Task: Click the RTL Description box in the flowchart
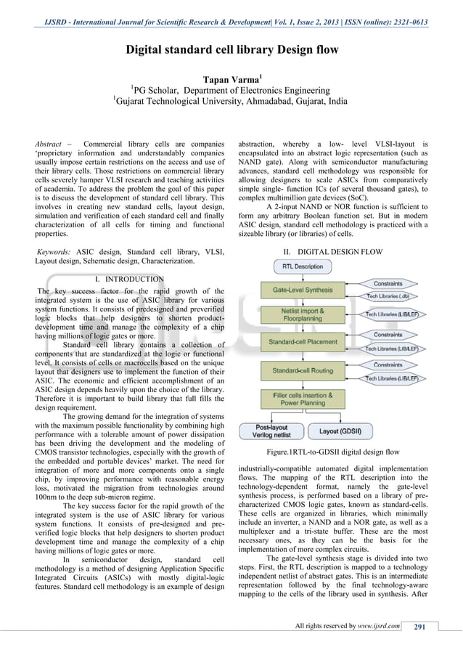[x=303, y=267]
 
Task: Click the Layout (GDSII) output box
[x=340, y=431]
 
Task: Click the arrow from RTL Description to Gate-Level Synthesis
[x=303, y=277]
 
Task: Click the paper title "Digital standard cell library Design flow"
[x=231, y=51]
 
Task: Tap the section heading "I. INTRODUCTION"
[x=129, y=279]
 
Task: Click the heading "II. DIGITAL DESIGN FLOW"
[x=332, y=251]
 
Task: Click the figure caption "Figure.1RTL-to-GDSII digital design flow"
[x=332, y=452]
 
